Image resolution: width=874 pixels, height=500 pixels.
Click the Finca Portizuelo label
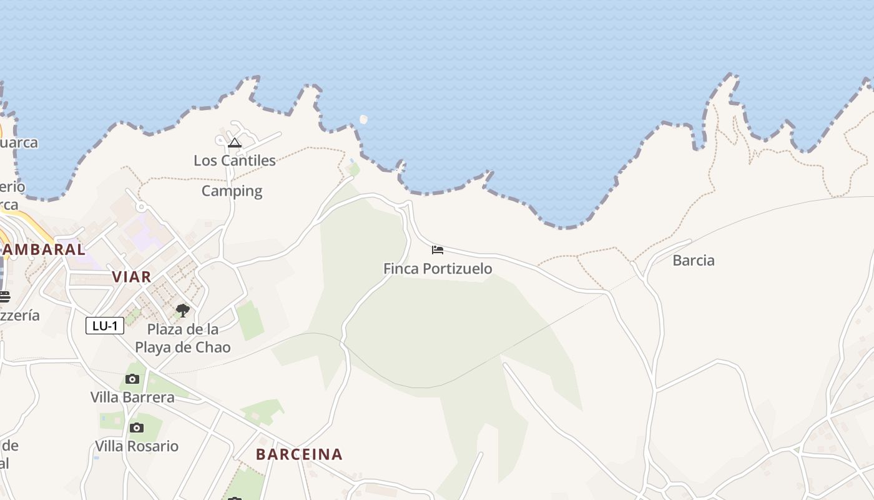437,269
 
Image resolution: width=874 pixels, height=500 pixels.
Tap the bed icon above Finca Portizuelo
438,250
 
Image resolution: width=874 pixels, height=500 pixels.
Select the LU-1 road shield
105,326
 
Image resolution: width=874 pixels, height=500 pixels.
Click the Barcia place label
694,261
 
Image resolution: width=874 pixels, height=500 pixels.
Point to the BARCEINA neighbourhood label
299,454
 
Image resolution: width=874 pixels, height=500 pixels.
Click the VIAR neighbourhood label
132,277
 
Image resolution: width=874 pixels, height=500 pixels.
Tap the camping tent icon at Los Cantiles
235,142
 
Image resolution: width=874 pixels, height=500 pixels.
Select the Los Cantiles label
235,161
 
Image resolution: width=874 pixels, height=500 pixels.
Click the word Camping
232,191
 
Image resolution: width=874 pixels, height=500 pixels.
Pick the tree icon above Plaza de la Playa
182,310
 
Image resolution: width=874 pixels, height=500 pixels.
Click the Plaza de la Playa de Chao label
183,338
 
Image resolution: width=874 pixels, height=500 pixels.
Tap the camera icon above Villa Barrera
132,379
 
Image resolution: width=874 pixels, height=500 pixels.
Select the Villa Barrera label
132,397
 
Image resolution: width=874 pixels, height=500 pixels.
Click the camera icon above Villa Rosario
137,428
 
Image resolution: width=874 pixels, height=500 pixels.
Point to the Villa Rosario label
137,446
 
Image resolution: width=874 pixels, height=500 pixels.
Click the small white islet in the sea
363,119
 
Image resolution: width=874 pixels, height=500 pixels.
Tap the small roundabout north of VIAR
141,207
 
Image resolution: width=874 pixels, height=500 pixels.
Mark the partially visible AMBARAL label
44,249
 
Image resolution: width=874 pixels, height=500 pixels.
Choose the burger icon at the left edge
4,296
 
